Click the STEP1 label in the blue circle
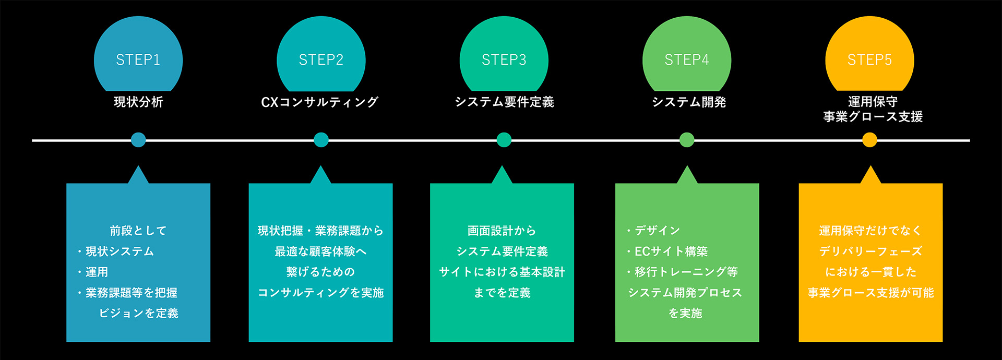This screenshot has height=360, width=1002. pos(138,60)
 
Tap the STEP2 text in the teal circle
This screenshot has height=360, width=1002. pos(321,60)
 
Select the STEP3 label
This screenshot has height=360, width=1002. pos(504,60)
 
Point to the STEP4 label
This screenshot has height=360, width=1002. pos(687,60)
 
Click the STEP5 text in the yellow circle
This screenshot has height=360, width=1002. pos(869,60)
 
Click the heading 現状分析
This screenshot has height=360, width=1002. pos(138,102)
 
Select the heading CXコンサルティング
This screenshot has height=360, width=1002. pos(319,102)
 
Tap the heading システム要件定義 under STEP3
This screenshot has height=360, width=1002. pos(504,102)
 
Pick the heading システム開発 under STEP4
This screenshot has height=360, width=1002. pos(688,102)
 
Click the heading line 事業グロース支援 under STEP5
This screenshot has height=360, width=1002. pos(873,117)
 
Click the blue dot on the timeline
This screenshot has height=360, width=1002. pos(138,140)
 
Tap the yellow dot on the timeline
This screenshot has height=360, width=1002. pos(869,140)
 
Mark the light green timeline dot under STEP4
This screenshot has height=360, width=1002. pos(687,140)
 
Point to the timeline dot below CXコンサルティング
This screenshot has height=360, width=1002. pos(321,140)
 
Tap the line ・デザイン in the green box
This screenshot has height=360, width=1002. pos(653,231)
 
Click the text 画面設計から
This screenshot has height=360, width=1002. pos(502,231)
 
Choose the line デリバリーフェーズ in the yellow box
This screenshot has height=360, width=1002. pos(870,251)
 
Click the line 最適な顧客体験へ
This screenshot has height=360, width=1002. pos(320,251)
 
